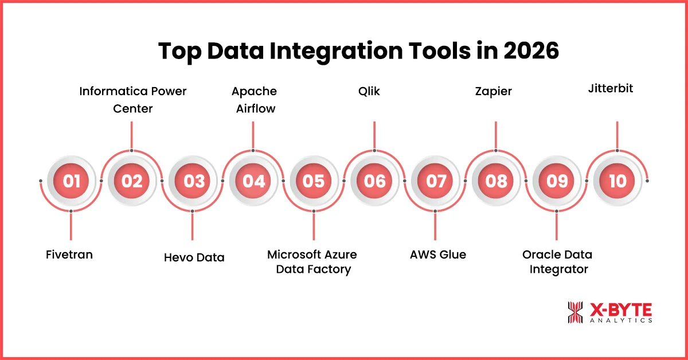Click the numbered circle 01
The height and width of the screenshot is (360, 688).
pos(71,181)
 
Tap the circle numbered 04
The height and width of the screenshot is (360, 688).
pos(253,181)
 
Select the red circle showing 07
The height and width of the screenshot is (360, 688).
pos(436,181)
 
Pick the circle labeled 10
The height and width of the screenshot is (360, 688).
pos(617,181)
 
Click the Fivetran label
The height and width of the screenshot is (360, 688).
pos(69,255)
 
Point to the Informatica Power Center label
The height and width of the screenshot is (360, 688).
pos(133,99)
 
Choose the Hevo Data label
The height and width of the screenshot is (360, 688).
pos(194,257)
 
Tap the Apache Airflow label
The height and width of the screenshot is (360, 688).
pos(254,99)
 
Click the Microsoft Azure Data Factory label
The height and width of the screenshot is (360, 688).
pos(312,261)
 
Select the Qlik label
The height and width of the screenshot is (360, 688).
pos(374,91)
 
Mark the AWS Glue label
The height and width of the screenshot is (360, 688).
pos(438,255)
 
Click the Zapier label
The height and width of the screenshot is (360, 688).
pos(493,91)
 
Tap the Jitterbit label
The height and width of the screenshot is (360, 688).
pos(610,89)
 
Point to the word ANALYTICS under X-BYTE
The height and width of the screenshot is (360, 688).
pos(621,321)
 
